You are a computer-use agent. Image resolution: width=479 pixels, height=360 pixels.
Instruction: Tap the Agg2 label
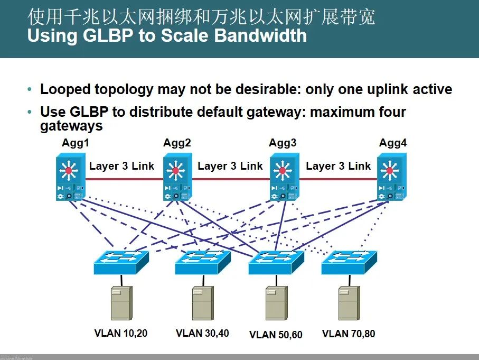177,143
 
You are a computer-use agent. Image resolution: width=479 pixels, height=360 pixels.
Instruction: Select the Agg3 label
283,143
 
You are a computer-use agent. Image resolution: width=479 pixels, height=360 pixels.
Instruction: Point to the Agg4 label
393,143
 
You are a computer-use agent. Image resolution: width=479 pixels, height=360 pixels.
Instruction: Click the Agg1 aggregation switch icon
70,178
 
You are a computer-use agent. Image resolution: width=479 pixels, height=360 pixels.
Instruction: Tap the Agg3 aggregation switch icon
283,178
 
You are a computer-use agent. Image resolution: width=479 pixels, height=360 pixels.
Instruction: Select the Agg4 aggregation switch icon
391,178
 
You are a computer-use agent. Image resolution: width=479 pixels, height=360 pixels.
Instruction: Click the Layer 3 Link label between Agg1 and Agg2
121,166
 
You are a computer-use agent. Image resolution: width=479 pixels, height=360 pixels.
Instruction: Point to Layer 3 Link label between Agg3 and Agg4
339,166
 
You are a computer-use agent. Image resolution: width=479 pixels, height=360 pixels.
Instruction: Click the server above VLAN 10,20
121,303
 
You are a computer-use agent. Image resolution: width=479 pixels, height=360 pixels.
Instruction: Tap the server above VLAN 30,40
202,303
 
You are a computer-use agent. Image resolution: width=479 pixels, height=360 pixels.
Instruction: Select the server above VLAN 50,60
276,303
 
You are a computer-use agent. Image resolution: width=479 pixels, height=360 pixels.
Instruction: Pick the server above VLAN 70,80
349,303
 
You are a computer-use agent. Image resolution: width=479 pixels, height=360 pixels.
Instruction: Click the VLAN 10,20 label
121,334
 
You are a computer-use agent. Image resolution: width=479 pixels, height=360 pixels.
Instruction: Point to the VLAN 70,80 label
349,334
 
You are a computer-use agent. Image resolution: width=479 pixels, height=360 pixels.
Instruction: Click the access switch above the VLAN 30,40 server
203,262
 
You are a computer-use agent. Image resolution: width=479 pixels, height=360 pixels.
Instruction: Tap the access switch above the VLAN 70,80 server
349,262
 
